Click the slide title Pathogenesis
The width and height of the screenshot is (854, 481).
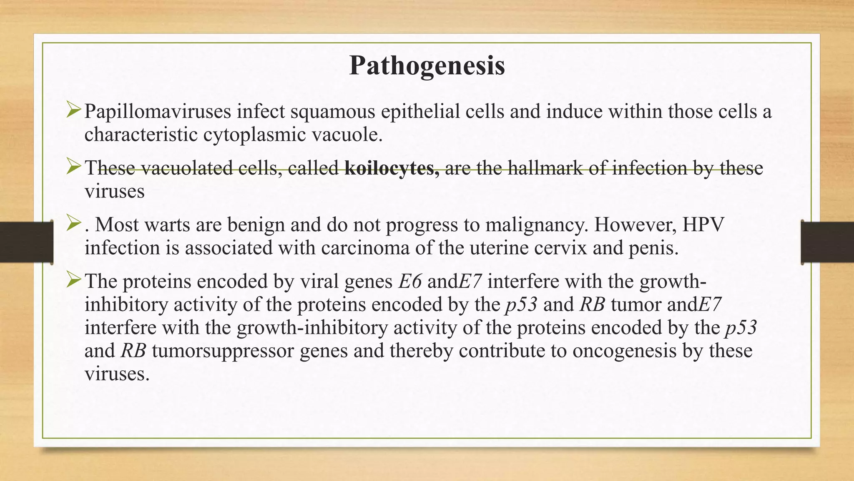(x=427, y=66)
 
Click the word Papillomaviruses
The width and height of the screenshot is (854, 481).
(x=158, y=112)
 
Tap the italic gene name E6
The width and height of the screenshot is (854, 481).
(x=409, y=281)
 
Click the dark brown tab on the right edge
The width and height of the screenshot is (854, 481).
(x=827, y=242)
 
